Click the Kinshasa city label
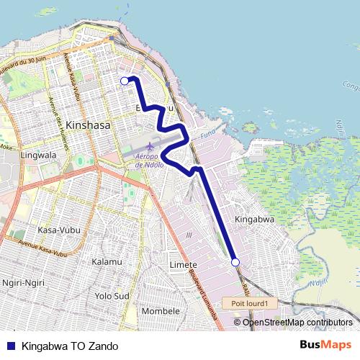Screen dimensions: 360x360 [x=89, y=125]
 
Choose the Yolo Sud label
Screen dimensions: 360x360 [x=112, y=295]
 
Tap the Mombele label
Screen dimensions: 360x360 [x=161, y=310]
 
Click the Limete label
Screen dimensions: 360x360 [x=182, y=266]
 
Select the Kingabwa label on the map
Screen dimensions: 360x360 [x=252, y=217]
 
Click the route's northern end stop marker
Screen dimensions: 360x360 [x=125, y=81]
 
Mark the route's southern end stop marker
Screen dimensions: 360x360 [x=235, y=263]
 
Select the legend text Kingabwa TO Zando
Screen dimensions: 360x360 [x=71, y=345]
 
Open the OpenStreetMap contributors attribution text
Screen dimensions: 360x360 [x=297, y=322]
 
